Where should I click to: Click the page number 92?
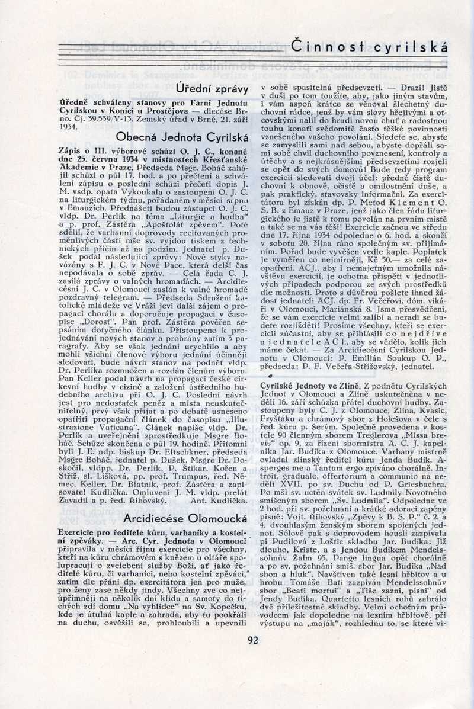point(253,639)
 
